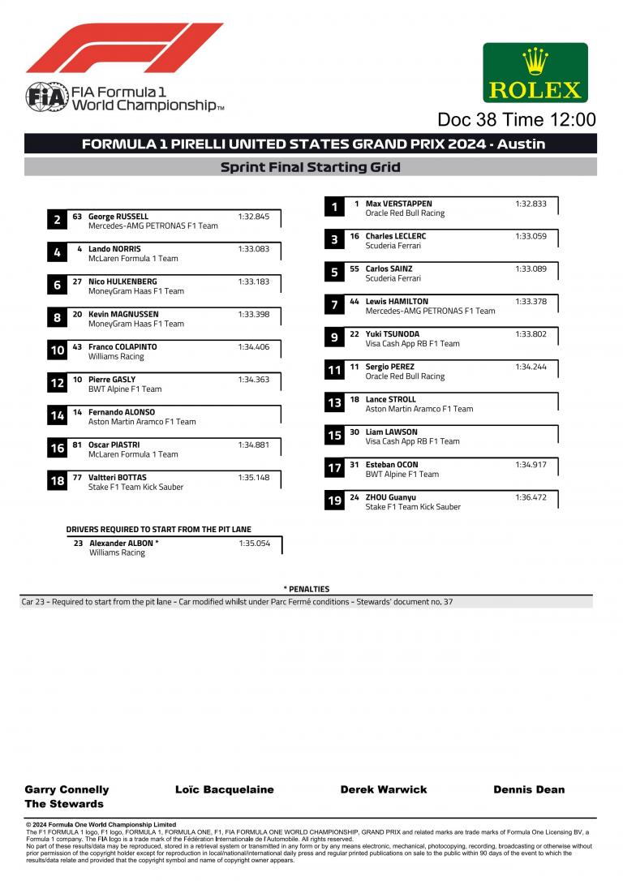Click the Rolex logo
535,72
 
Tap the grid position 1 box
334,208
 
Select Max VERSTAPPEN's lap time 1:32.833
531,204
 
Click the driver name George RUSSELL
118,217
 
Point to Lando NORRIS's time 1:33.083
253,249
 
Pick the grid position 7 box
334,305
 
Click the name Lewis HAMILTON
397,301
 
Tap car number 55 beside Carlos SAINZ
354,269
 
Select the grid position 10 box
57,350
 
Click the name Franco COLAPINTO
122,346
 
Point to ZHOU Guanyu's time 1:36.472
531,497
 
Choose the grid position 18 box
57,481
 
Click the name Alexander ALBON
124,543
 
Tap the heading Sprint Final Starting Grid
311,167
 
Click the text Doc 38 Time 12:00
516,119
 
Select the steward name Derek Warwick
384,789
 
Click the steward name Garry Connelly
67,789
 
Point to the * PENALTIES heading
307,589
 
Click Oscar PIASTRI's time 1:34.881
253,445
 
